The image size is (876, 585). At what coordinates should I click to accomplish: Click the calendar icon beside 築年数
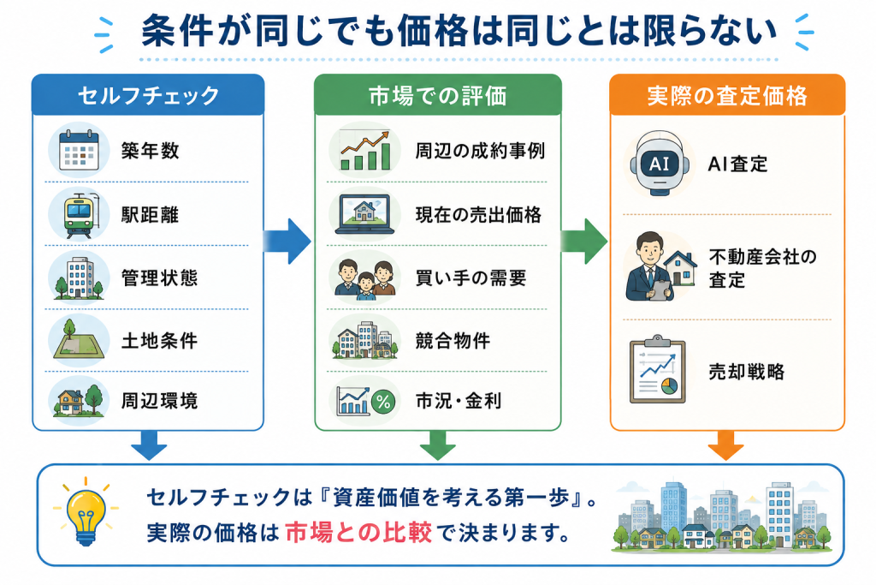79,150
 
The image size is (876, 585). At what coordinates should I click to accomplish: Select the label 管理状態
160,278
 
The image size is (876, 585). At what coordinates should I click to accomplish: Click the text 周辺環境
160,401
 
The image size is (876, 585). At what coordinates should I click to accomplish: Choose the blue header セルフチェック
148,95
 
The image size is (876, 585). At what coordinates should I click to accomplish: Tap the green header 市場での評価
437,95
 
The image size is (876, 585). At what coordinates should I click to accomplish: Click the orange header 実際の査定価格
727,95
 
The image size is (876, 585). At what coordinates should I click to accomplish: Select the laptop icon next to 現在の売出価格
364,214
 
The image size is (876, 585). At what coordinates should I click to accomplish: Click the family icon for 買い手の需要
365,278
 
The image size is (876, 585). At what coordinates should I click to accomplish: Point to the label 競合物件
453,340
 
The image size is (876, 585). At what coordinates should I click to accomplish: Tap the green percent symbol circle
383,401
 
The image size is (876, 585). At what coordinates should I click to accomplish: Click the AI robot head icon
660,164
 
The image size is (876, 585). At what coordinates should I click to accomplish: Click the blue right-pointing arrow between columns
287,241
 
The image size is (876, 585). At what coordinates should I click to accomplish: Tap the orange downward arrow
725,445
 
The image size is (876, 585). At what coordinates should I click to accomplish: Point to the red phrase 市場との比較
358,533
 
